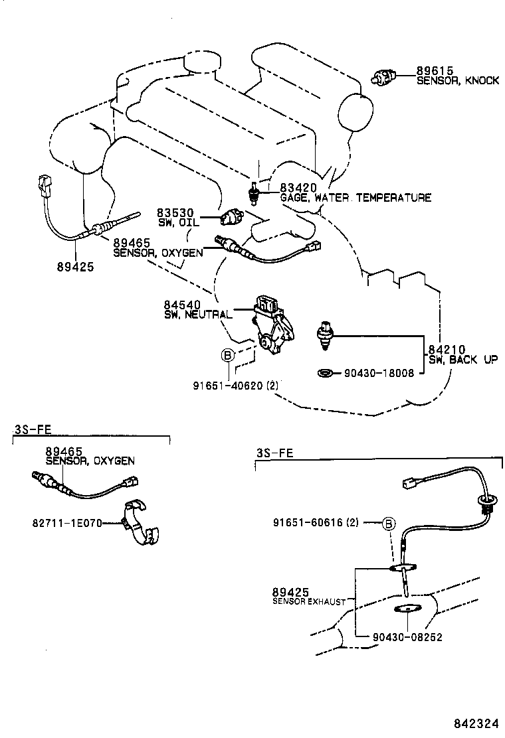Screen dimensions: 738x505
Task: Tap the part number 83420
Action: click(x=296, y=188)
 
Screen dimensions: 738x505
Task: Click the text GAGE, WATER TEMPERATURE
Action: click(x=355, y=198)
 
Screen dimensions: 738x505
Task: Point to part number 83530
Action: click(x=173, y=212)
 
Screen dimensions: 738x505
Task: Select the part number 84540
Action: click(x=181, y=305)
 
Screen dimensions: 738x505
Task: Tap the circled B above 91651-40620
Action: click(x=227, y=356)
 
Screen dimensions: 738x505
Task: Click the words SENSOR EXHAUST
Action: click(x=309, y=601)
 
